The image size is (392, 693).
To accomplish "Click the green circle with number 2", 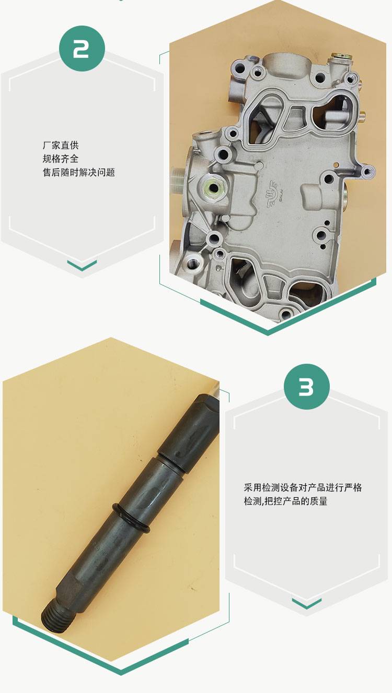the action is (x=82, y=49).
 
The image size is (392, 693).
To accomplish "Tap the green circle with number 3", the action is (x=307, y=387).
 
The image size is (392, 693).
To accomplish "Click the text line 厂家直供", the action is (x=61, y=145).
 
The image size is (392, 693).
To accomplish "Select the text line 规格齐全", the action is (x=61, y=159).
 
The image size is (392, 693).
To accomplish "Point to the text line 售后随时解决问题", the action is (x=79, y=172).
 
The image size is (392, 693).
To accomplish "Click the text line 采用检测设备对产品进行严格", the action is (x=303, y=487).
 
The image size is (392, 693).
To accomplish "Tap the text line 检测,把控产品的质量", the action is (x=285, y=501).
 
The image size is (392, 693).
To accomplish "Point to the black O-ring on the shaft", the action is (x=131, y=518).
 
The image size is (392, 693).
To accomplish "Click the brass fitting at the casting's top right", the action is (x=341, y=57).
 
